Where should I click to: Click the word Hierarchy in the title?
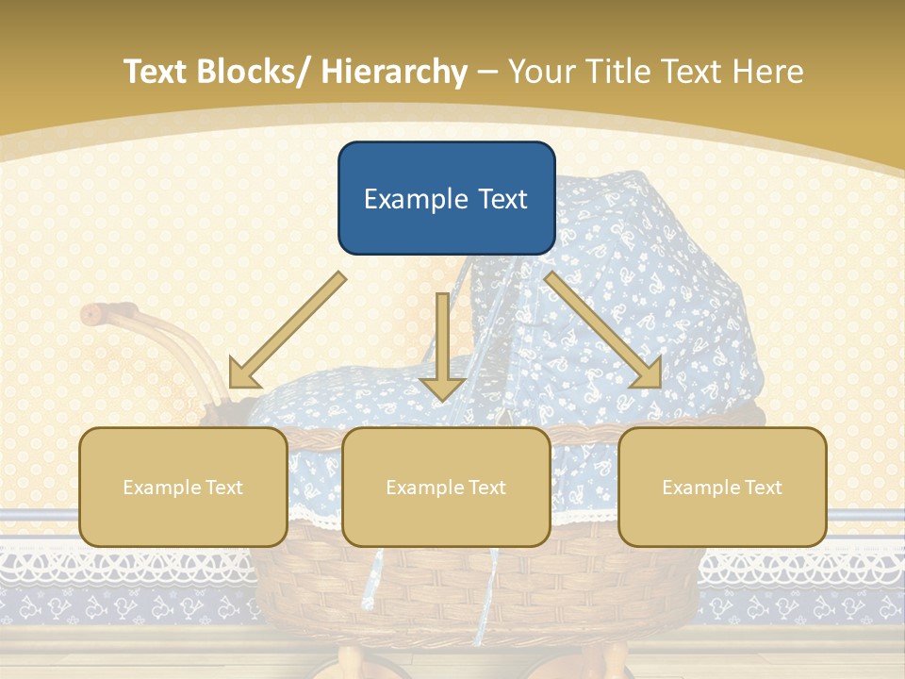[x=393, y=72]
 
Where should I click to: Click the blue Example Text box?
[x=446, y=198]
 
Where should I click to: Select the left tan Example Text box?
[x=183, y=487]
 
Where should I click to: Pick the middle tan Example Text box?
[x=446, y=487]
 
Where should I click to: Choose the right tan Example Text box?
[x=722, y=487]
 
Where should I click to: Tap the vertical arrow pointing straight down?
[x=442, y=348]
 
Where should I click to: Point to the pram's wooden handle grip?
[x=109, y=312]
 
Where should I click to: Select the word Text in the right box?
[x=764, y=488]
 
